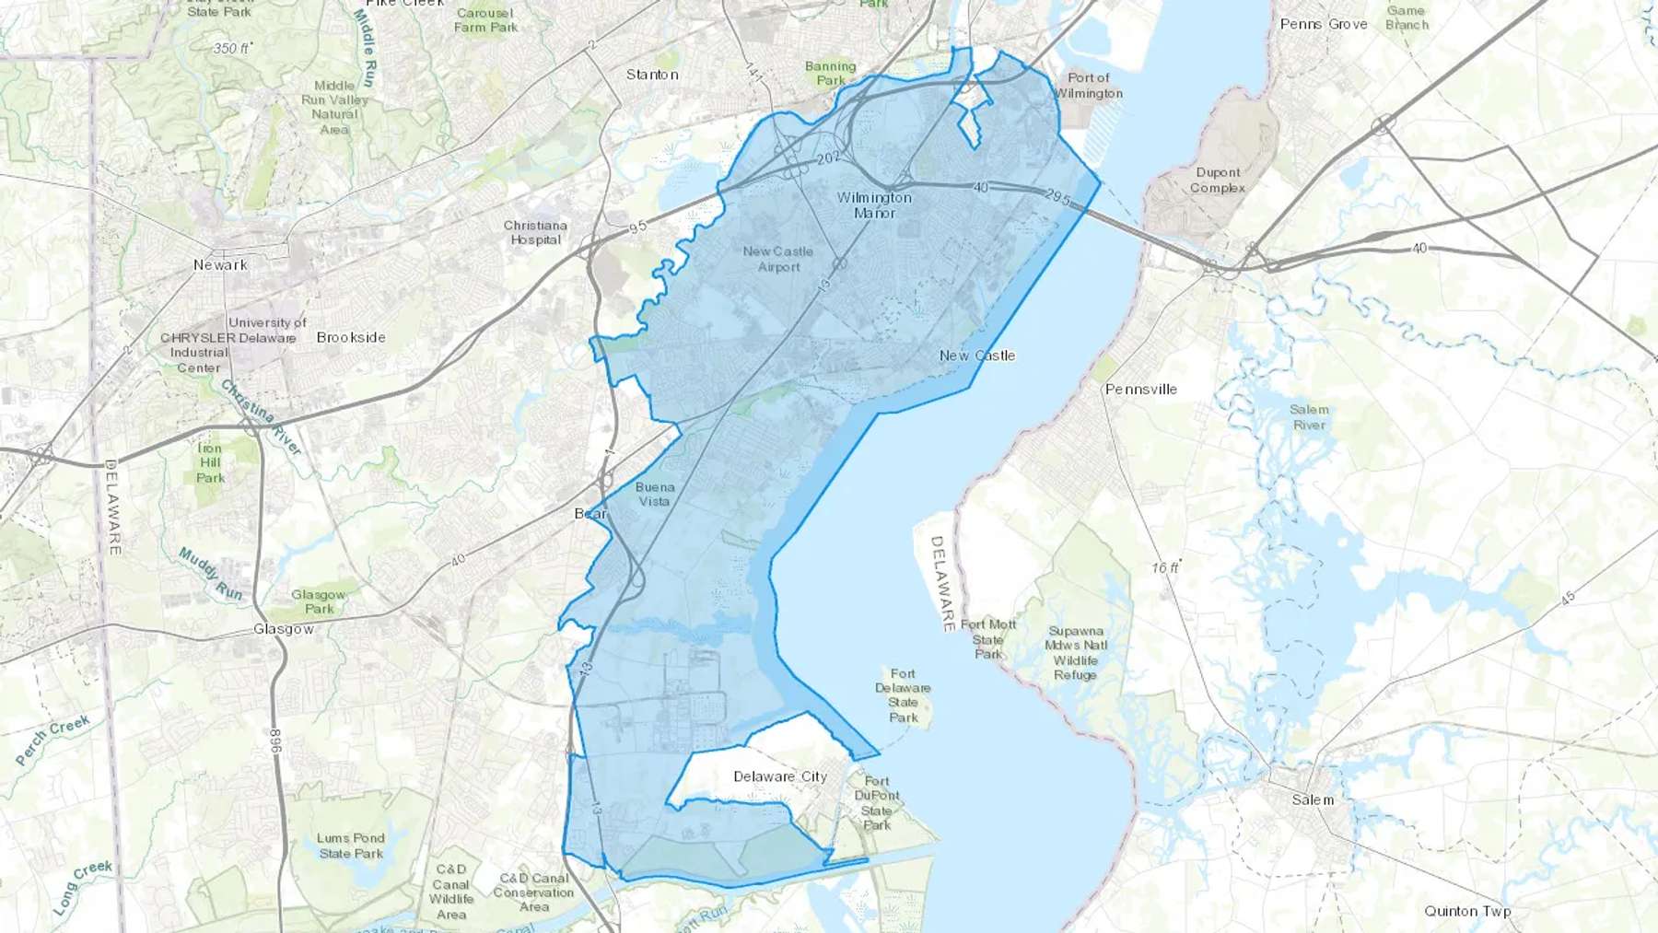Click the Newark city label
(220, 265)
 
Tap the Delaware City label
(780, 776)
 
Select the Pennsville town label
(1141, 390)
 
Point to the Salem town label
(1313, 799)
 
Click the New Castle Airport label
(778, 259)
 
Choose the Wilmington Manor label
(874, 205)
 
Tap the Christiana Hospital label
(535, 233)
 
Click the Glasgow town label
(284, 629)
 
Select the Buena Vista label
(655, 495)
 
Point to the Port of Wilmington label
(1089, 86)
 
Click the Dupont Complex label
(1218, 180)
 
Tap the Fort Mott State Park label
(988, 639)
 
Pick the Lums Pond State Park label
(351, 846)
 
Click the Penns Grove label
(1324, 24)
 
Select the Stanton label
(652, 75)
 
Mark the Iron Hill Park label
(210, 463)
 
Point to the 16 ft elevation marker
(1165, 568)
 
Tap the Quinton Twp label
(1467, 911)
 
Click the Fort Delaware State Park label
(903, 695)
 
